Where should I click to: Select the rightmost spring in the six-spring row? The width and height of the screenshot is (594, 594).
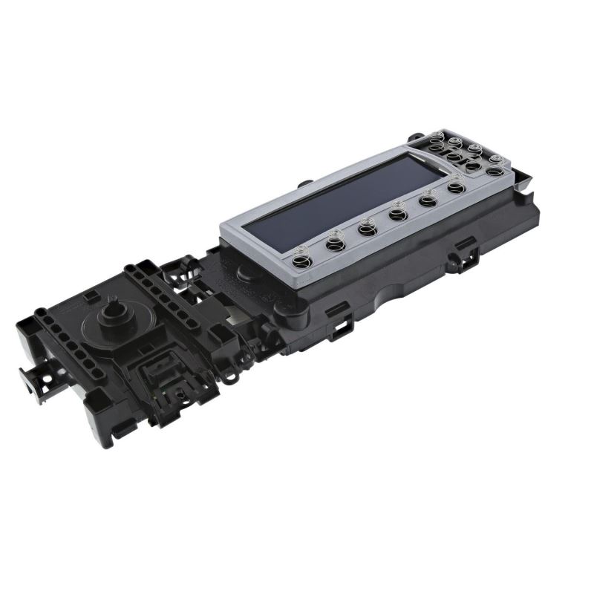coord(455,188)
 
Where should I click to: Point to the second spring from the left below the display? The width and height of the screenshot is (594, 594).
coord(334,240)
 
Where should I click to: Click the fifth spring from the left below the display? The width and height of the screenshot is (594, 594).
coord(427,200)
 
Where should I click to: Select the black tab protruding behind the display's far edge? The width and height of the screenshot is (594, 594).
coord(304,181)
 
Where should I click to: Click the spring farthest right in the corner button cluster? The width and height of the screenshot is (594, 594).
coord(496,160)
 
